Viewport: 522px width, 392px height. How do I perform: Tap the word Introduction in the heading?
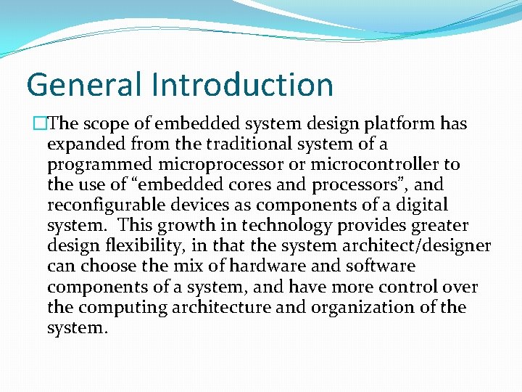coord(243,84)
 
